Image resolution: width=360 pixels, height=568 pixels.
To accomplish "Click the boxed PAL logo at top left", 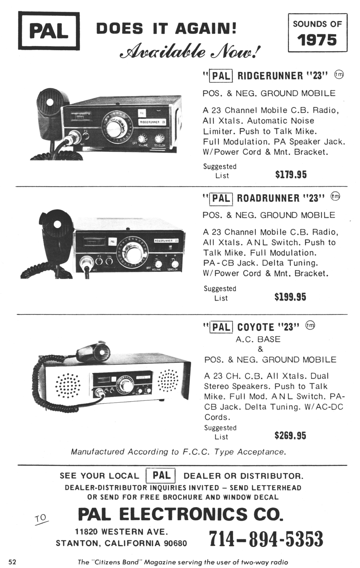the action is point(49,31).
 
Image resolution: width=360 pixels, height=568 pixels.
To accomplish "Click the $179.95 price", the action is point(291,175).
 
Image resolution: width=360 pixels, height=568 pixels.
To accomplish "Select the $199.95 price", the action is point(290,297).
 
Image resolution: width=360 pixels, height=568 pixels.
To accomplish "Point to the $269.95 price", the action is point(290,435).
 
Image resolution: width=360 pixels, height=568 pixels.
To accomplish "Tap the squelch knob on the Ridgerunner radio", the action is point(159,139).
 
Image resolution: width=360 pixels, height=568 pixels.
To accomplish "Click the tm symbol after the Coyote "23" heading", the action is point(310,325).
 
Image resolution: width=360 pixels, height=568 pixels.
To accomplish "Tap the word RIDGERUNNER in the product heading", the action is point(270,76).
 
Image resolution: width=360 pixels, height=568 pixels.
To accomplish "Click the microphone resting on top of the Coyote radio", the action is point(94,351).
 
